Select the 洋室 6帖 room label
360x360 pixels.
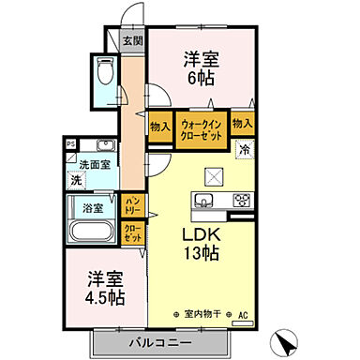198,67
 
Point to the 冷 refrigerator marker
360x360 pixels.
245,150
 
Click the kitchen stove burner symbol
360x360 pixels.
241,199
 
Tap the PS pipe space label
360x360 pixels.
70,143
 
